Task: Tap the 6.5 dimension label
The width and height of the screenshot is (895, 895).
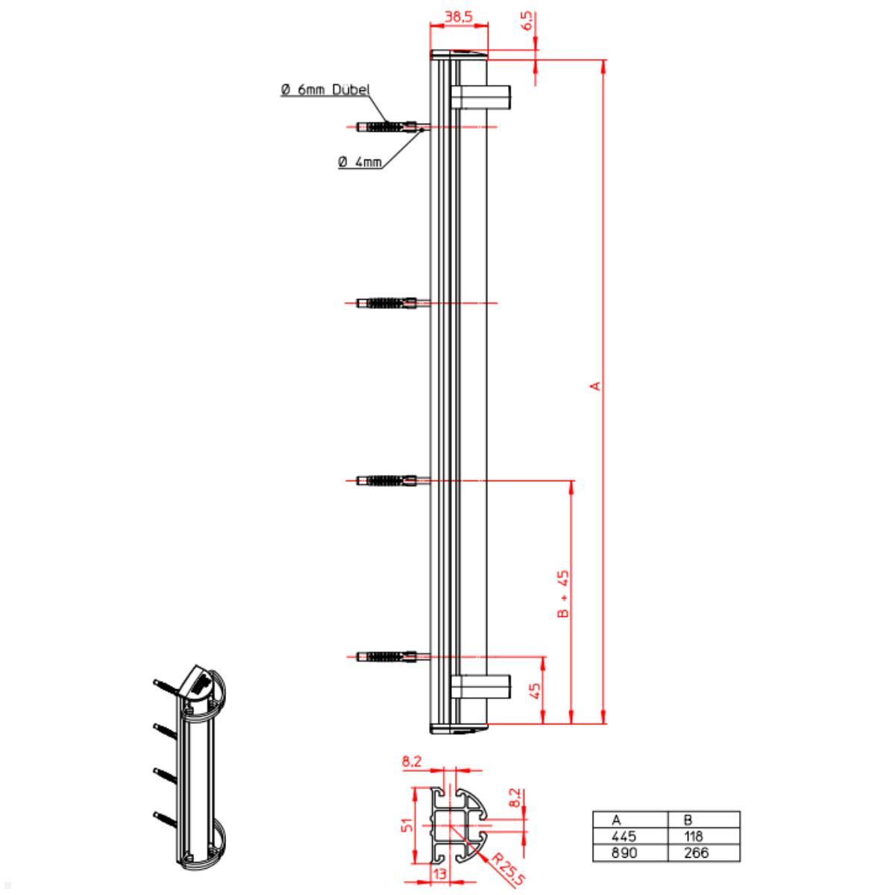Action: tap(527, 21)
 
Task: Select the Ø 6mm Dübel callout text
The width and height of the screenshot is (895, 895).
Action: tap(325, 90)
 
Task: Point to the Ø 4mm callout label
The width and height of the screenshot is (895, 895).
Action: tap(360, 161)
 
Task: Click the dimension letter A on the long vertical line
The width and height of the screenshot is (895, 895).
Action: tap(595, 386)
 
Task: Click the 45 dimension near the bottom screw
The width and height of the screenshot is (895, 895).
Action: tap(535, 691)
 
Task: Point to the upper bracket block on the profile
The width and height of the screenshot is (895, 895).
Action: tap(481, 96)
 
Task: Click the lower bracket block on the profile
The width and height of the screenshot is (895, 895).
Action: tap(481, 687)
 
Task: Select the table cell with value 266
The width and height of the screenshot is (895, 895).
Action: tap(697, 852)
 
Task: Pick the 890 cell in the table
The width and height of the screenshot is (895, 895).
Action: tap(624, 852)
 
